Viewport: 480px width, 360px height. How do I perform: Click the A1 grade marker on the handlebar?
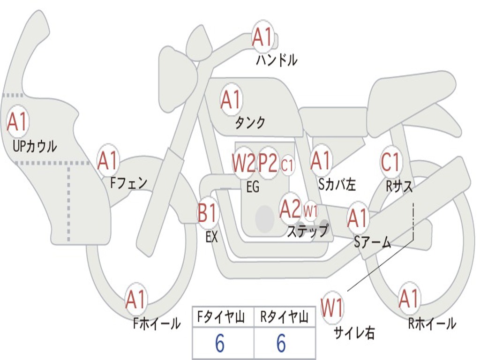pos(262,37)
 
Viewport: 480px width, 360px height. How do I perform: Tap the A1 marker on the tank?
pos(232,99)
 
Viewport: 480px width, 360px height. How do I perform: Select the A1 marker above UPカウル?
pos(18,121)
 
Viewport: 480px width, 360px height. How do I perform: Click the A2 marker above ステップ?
pos(291,209)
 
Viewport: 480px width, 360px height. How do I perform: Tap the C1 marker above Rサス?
pos(390,161)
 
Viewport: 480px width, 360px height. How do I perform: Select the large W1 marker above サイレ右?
pos(332,307)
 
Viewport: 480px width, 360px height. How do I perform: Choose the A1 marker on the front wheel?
pos(135,299)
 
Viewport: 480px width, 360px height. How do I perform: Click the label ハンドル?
pos(277,60)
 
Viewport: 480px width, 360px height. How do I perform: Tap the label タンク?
pos(250,122)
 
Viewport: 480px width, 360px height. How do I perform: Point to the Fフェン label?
pos(128,183)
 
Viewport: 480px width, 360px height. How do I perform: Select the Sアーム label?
pos(373,242)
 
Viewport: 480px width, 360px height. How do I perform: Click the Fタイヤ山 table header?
pos(221,317)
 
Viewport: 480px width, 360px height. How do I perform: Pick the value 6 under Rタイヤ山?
pos(281,343)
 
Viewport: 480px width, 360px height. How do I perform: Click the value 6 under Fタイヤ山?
pos(220,343)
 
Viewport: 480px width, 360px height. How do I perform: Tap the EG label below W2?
pos(253,187)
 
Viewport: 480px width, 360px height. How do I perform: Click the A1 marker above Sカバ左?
pos(321,160)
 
